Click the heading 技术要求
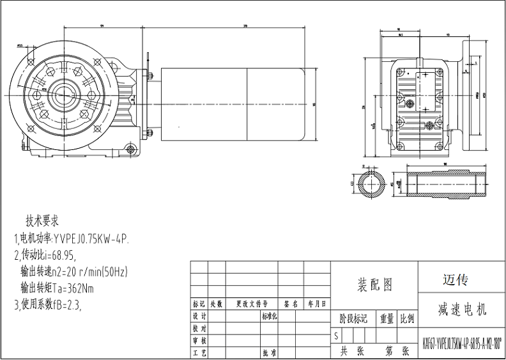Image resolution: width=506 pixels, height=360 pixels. (42, 221)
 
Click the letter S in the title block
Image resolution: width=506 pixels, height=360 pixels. (336, 334)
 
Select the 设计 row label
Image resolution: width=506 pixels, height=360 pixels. (199, 317)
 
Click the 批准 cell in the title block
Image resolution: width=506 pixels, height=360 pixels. (268, 352)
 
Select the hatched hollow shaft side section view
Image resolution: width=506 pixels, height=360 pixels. (445, 184)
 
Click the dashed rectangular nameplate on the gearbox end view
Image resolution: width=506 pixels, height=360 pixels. (420, 84)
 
